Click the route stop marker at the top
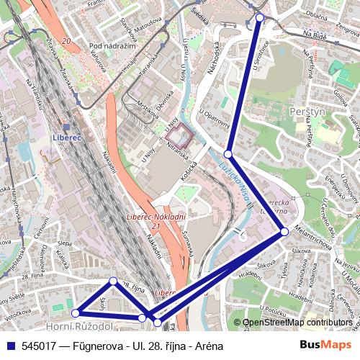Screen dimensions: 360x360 click(x=260, y=17)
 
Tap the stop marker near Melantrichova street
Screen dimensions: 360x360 click(x=284, y=232)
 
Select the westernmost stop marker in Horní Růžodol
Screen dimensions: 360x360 click(x=76, y=313)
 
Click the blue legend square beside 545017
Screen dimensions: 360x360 click(x=9, y=346)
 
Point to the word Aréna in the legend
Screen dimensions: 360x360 click(x=207, y=346)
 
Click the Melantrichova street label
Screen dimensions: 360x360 click(x=313, y=245)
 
